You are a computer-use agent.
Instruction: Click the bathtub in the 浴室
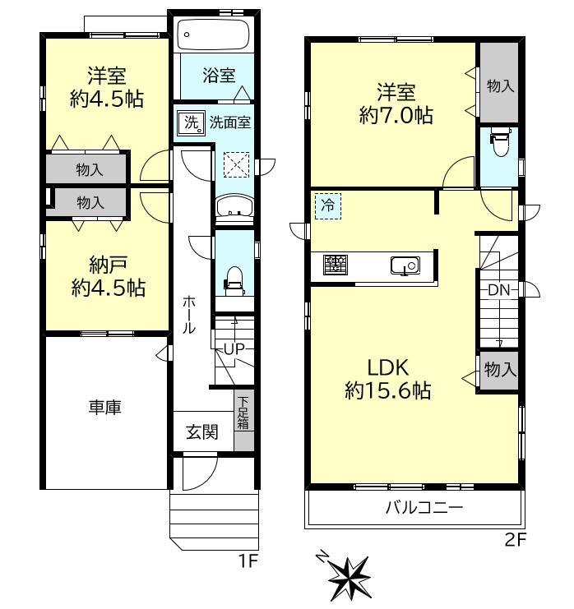pyautogui.click(x=213, y=35)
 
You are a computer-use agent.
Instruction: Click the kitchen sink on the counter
pyautogui.click(x=405, y=265)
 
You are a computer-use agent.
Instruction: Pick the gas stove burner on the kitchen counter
pyautogui.click(x=336, y=265)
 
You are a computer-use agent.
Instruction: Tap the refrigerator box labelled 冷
pyautogui.click(x=327, y=205)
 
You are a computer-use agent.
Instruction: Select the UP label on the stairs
pyautogui.click(x=234, y=348)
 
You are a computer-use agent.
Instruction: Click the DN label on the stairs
pyautogui.click(x=498, y=290)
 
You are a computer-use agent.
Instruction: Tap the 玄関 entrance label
pyautogui.click(x=202, y=431)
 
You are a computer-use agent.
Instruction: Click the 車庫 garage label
pyautogui.click(x=105, y=407)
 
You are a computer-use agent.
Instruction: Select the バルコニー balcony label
pyautogui.click(x=424, y=507)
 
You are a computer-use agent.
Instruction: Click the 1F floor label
pyautogui.click(x=248, y=561)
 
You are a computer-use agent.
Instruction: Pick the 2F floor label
pyautogui.click(x=516, y=540)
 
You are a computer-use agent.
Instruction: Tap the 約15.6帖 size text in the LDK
pyautogui.click(x=388, y=390)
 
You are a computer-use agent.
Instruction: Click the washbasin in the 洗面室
pyautogui.click(x=234, y=205)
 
